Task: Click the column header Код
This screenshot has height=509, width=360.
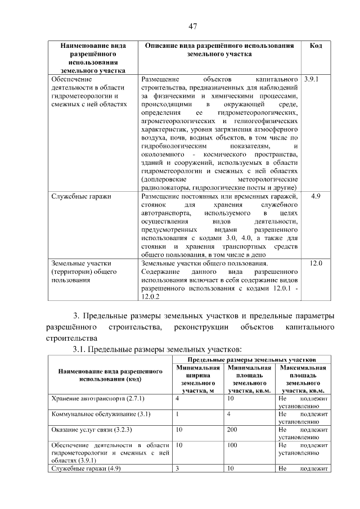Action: pyautogui.click(x=316, y=46)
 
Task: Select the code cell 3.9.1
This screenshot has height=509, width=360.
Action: pyautogui.click(x=311, y=79)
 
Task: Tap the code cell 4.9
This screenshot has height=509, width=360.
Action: pyautogui.click(x=316, y=196)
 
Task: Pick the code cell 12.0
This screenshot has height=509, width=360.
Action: pyautogui.click(x=316, y=263)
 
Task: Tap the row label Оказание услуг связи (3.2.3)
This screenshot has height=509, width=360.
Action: pyautogui.click(x=91, y=430)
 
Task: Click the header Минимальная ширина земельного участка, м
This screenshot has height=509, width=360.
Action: pyautogui.click(x=196, y=379)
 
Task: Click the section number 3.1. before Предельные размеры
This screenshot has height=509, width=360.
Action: pyautogui.click(x=82, y=349)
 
